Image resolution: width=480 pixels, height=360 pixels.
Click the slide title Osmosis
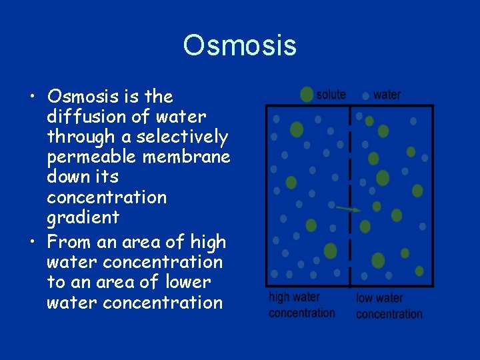(239, 45)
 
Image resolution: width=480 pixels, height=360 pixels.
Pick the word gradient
(83, 217)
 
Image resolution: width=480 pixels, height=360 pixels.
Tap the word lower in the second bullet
(185, 282)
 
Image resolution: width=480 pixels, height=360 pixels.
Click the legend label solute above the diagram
(331, 95)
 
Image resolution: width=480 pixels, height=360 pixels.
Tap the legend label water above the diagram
(387, 95)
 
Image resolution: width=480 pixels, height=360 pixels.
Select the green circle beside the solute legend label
(307, 95)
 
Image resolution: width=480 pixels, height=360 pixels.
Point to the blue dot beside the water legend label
(365, 95)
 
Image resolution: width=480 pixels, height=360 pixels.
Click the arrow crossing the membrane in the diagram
(348, 209)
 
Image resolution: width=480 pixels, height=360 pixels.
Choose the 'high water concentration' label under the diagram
(301, 305)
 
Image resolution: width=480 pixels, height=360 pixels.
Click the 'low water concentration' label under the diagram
(389, 305)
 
